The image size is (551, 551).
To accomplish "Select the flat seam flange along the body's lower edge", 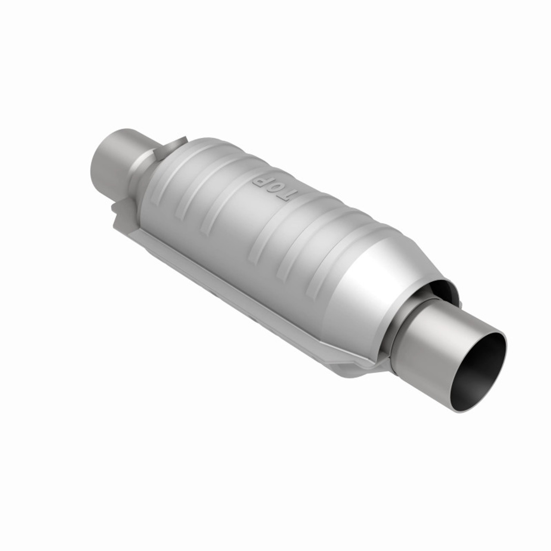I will [x=241, y=293].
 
